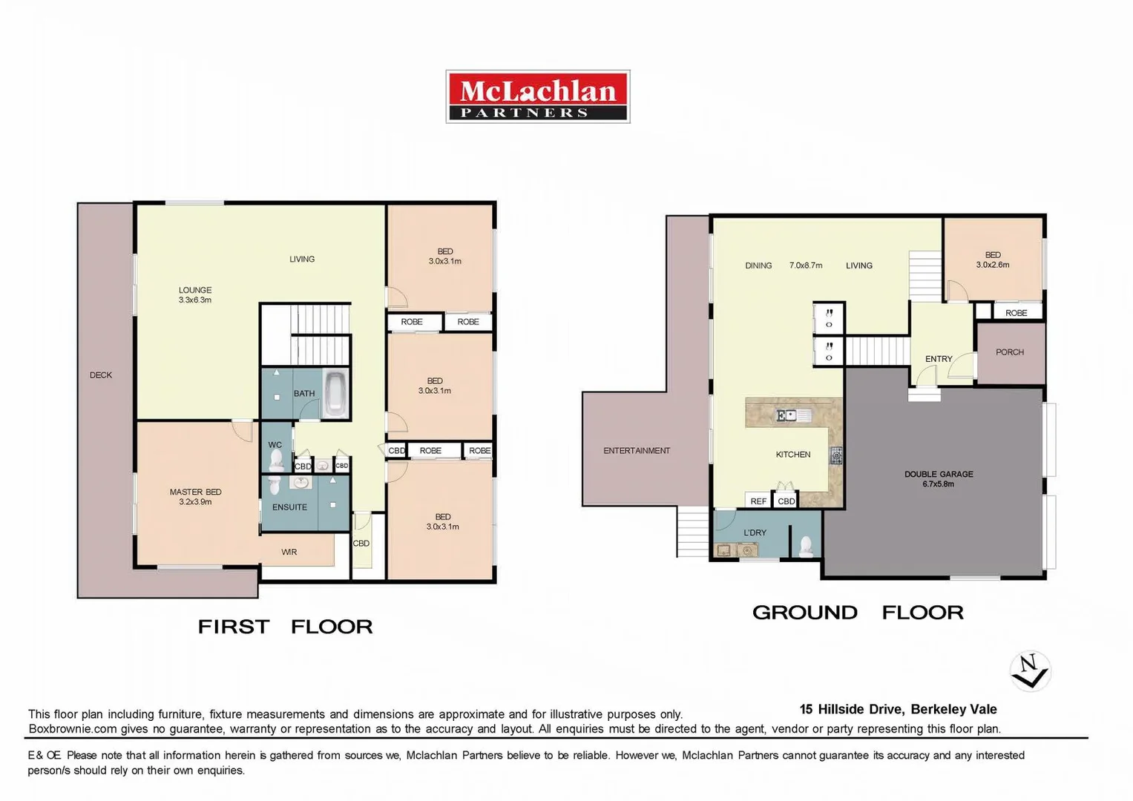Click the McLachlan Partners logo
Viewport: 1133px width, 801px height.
pyautogui.click(x=537, y=96)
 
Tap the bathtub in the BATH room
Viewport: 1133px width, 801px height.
pyautogui.click(x=335, y=394)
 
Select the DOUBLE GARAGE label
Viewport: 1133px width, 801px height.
pyautogui.click(x=939, y=478)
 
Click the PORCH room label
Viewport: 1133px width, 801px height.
pyautogui.click(x=1009, y=352)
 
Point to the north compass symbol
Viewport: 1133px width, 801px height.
pyautogui.click(x=1030, y=670)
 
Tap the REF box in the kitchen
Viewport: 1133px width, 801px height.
pyautogui.click(x=758, y=501)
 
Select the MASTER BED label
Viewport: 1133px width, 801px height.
pyautogui.click(x=195, y=496)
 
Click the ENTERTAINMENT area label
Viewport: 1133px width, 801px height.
pyautogui.click(x=636, y=450)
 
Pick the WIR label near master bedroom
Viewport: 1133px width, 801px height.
pyautogui.click(x=289, y=552)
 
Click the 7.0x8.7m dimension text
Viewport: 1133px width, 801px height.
pyautogui.click(x=806, y=266)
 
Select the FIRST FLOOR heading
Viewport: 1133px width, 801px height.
pyautogui.click(x=285, y=627)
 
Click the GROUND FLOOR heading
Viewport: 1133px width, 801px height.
pyautogui.click(x=858, y=613)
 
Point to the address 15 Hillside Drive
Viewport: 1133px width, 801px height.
pyautogui.click(x=898, y=709)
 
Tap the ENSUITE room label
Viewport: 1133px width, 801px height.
pyautogui.click(x=289, y=507)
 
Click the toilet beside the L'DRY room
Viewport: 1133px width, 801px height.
pyautogui.click(x=806, y=547)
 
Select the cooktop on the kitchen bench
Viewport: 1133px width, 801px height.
pyautogui.click(x=836, y=455)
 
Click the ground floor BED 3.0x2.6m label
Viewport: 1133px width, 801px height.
pyautogui.click(x=993, y=260)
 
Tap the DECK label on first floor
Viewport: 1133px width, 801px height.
pyautogui.click(x=101, y=375)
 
